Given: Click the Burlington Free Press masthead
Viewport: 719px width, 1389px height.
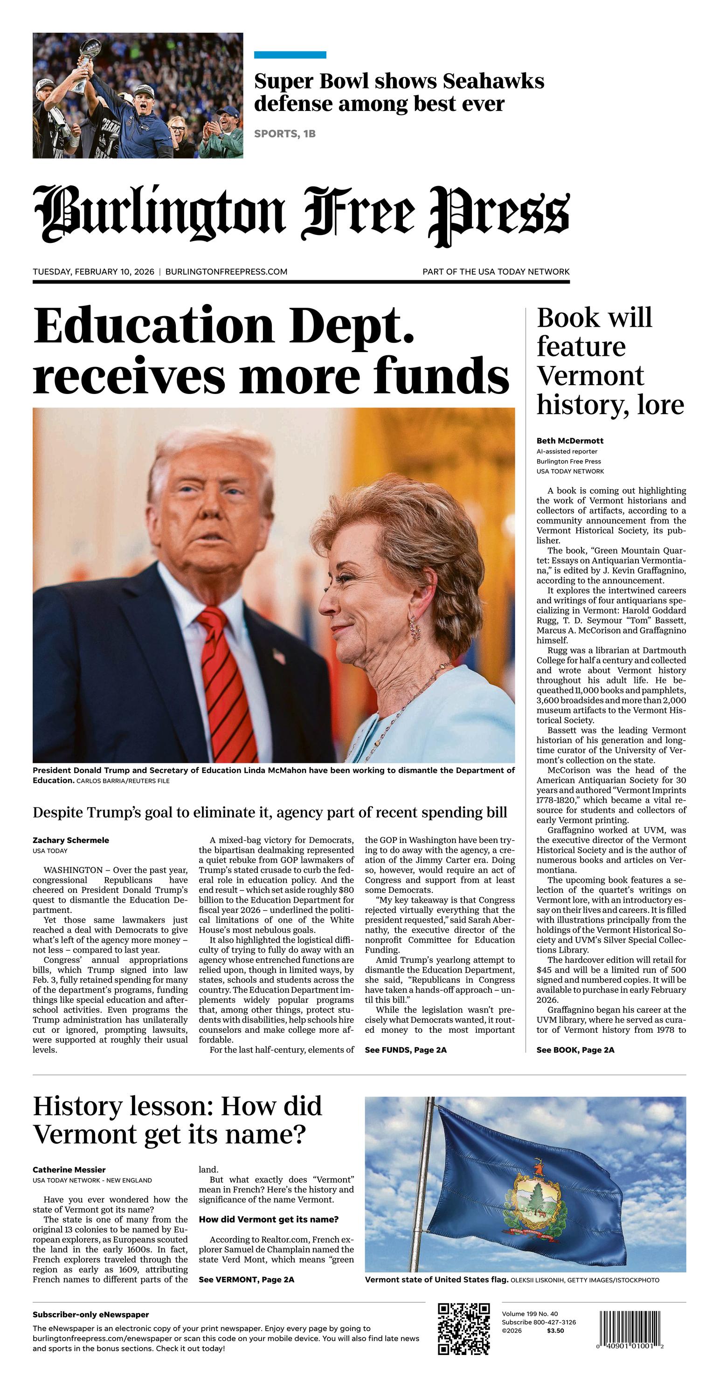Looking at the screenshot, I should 301,214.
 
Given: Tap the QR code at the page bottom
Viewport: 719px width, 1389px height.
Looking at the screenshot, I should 463,1328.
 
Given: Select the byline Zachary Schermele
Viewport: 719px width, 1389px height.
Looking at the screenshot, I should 71,840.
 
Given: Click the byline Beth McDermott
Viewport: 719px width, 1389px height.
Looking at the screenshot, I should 570,441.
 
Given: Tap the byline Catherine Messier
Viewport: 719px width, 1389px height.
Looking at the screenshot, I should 69,1169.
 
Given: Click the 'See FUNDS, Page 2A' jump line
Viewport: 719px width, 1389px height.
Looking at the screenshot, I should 406,1050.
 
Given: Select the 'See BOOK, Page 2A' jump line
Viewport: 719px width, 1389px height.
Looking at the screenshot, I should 575,1050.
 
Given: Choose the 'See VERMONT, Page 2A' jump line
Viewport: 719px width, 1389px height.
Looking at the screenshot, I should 247,1279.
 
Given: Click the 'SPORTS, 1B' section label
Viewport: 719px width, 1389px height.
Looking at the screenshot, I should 285,134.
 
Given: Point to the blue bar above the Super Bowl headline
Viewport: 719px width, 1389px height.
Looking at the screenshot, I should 290,55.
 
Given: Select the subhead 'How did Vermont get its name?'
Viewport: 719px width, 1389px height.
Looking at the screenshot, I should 269,1220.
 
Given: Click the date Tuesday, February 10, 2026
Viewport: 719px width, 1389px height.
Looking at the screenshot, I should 93,272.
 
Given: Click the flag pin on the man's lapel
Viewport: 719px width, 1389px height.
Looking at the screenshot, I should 279,657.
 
